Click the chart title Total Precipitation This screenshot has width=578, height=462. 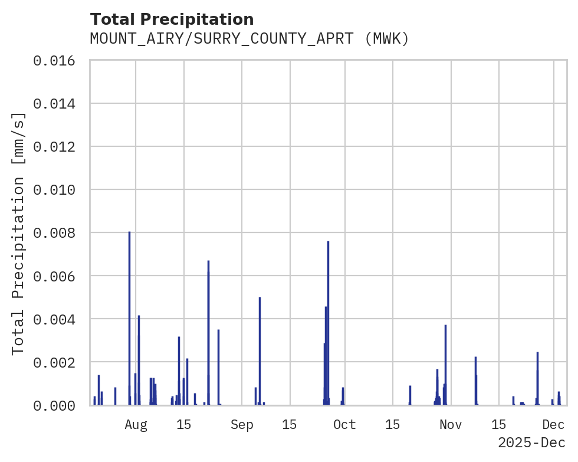coord(172,19)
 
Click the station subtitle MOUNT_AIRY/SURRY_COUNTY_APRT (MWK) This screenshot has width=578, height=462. coord(249,39)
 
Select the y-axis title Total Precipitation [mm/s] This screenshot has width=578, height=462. coord(19,233)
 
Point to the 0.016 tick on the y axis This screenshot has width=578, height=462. coord(58,61)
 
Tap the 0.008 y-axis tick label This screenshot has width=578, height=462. coord(58,233)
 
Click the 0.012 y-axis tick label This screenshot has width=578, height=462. coord(58,147)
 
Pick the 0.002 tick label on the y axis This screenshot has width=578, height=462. coord(58,362)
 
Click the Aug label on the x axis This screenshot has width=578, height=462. coord(136,424)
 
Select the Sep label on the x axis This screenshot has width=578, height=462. coord(242,424)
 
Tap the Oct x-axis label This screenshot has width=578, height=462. coord(345,424)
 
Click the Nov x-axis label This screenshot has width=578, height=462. coord(451,424)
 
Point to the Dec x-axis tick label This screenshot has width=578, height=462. coord(554,424)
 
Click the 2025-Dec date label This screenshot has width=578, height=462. coord(531,443)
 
